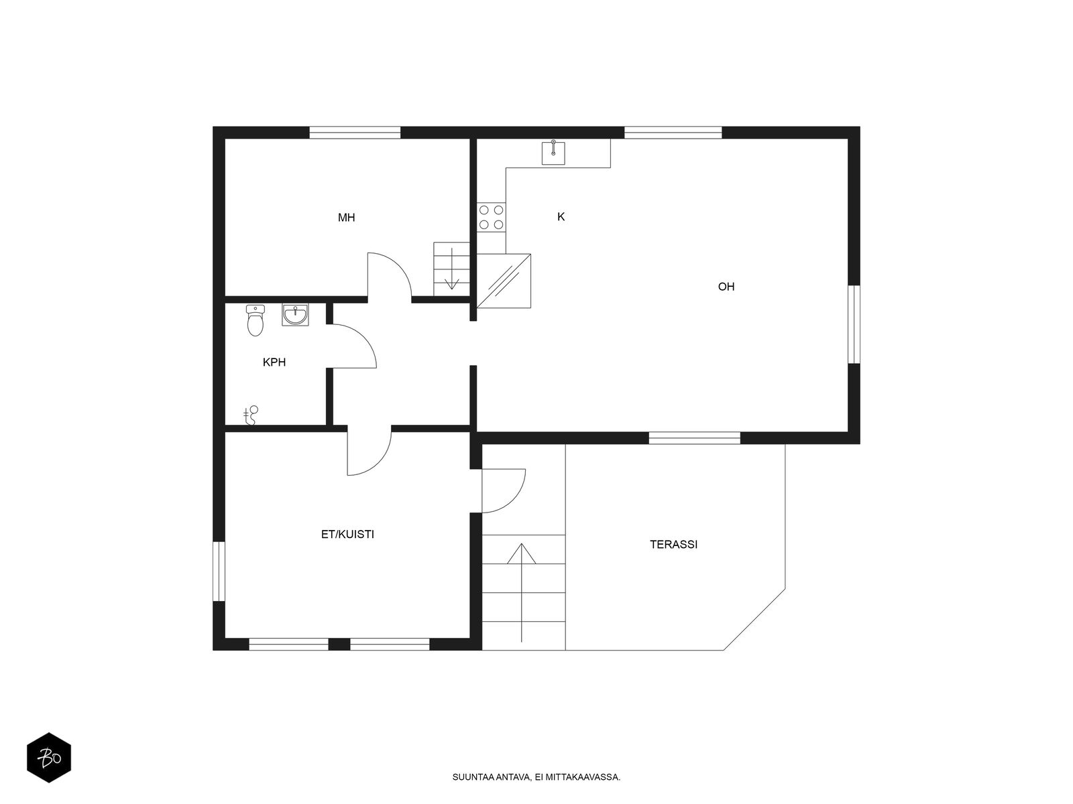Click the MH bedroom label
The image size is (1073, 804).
(x=346, y=217)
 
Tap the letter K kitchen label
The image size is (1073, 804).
(x=561, y=216)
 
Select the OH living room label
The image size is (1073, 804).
(x=726, y=287)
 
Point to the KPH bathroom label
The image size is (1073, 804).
(x=274, y=362)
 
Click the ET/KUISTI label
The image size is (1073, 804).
(x=347, y=535)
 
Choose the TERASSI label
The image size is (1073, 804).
(x=673, y=544)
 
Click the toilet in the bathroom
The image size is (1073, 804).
(x=256, y=320)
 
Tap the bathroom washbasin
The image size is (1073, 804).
(x=295, y=314)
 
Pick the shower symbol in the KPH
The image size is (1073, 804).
(x=251, y=415)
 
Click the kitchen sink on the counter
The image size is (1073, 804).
(x=553, y=153)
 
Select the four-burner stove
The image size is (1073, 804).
(x=491, y=217)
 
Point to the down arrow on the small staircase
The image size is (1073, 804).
(x=451, y=269)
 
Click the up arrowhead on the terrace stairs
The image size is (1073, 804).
(x=521, y=553)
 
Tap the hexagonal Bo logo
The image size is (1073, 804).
(x=49, y=758)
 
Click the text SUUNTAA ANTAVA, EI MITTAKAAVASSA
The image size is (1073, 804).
(x=536, y=777)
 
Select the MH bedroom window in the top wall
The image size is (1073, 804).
(x=355, y=132)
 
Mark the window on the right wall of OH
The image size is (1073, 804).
(x=854, y=324)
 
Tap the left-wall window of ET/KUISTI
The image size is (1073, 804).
(x=219, y=571)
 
